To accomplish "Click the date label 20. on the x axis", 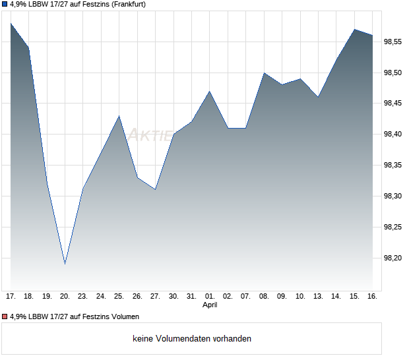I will [x=65, y=296].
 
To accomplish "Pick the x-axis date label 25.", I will [x=119, y=296].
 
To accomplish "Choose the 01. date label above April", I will [x=210, y=296].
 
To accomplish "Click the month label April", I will [x=210, y=305].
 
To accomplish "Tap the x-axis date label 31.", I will [x=191, y=296].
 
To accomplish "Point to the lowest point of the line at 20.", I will [x=65, y=264].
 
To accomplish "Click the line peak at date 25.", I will [x=119, y=116].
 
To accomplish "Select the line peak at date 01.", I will [x=210, y=91].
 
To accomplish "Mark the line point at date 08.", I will [x=264, y=73].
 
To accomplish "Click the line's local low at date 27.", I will [x=155, y=189].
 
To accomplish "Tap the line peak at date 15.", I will [x=354, y=29].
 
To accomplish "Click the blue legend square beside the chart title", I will [x=5, y=4].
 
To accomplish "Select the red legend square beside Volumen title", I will [x=5, y=316].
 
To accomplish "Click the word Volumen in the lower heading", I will [x=123, y=316].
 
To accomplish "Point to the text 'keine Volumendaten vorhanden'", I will [x=192, y=338].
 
